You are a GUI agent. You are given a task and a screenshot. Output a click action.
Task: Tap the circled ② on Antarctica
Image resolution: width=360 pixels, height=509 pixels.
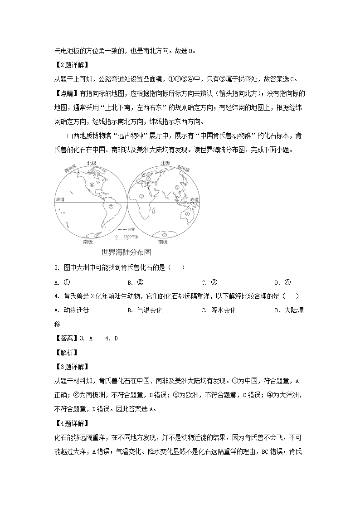pyautogui.click(x=165, y=235)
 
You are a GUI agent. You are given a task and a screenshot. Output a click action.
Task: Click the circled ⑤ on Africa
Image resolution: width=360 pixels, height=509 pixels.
pyautogui.click(x=141, y=196)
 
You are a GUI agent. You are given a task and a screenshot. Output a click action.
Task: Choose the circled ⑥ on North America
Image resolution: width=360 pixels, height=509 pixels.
pyautogui.click(x=92, y=184)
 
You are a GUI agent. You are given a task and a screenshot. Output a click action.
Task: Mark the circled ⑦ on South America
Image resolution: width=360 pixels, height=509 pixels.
pyautogui.click(x=110, y=206)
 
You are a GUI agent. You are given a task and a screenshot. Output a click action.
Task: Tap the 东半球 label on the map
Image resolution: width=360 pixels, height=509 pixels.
pyautogui.click(x=183, y=167)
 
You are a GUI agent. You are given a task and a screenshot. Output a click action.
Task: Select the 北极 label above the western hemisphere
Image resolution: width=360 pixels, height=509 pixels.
pyautogui.click(x=91, y=163)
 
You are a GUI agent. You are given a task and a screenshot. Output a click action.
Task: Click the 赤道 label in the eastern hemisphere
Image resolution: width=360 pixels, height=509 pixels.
pyautogui.click(x=194, y=199)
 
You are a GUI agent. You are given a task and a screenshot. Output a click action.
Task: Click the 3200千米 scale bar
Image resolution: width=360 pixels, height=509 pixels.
pyautogui.click(x=123, y=237)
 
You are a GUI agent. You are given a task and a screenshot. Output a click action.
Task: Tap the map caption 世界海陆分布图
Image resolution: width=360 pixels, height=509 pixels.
pyautogui.click(x=126, y=252)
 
